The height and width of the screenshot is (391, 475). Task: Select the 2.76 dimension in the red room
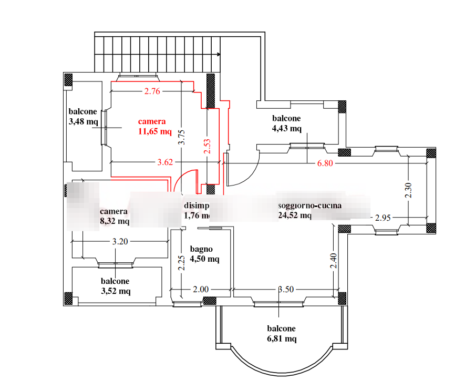151,91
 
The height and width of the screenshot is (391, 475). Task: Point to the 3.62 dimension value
165,162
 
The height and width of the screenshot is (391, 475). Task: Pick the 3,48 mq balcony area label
83,122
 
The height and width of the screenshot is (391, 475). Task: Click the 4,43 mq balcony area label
286,128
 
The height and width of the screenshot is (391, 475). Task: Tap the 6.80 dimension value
325,163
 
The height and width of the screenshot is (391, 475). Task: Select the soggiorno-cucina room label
309,206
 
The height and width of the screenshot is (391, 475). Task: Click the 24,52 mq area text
295,215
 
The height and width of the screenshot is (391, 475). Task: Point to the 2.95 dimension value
383,218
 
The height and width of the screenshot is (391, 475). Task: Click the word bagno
201,249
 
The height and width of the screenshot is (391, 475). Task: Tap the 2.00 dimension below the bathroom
200,289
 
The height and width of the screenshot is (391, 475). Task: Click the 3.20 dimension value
119,242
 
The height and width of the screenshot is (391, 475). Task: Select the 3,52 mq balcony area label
115,291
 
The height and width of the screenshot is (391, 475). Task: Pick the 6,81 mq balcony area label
281,338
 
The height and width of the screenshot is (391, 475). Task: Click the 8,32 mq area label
114,221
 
